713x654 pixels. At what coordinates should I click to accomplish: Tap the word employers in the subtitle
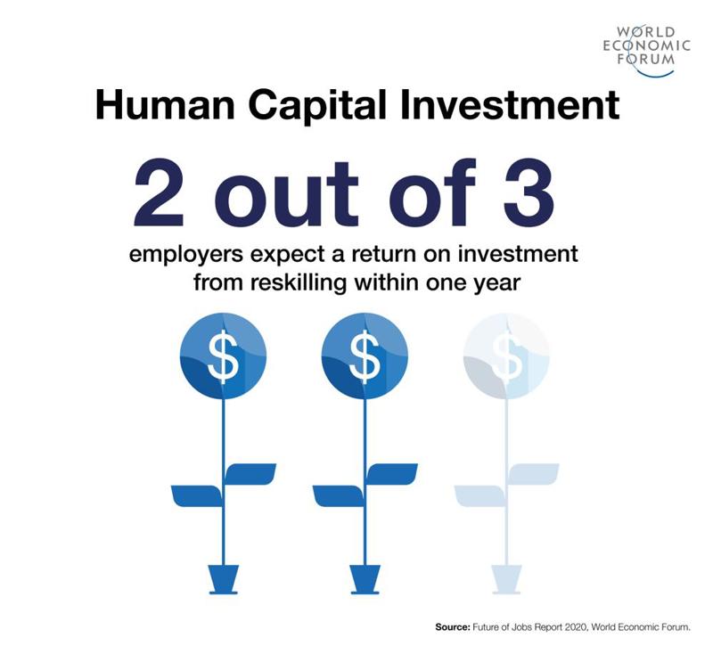[x=183, y=255]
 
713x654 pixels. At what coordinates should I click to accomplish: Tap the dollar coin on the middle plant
[x=364, y=356]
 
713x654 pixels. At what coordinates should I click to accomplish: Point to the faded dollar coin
[x=506, y=356]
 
